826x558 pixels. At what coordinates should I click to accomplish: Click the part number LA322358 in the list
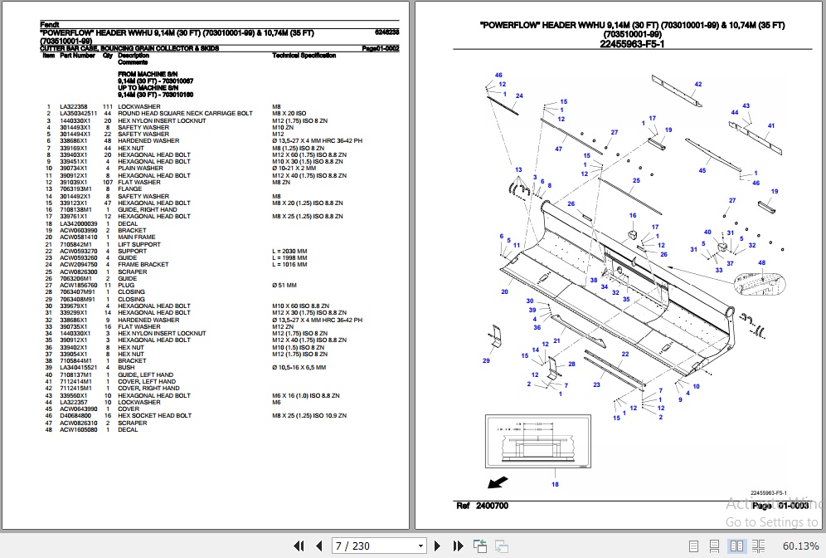[x=74, y=107]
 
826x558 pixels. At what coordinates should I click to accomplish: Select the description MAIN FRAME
[x=137, y=237]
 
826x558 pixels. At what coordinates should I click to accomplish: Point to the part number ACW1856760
[x=78, y=286]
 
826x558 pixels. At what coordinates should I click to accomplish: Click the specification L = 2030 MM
[x=289, y=252]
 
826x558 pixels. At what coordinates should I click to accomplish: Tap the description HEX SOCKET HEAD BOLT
[x=154, y=416]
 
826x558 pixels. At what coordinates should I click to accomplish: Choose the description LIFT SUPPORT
[x=139, y=245]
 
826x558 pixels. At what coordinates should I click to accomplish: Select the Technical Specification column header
[x=304, y=56]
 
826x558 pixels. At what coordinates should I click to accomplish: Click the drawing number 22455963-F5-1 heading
[x=632, y=43]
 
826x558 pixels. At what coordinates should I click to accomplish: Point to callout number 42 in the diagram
[x=698, y=85]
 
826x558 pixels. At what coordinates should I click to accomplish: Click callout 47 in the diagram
[x=558, y=149]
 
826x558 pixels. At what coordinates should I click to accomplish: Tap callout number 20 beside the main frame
[x=505, y=292]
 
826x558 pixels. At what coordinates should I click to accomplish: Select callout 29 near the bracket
[x=486, y=360]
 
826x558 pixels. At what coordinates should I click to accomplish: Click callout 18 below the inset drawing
[x=555, y=484]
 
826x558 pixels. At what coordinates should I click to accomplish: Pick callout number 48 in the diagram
[x=761, y=263]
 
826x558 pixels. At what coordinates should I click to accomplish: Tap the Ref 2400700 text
[x=483, y=506]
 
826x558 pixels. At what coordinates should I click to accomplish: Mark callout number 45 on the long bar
[x=702, y=170]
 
